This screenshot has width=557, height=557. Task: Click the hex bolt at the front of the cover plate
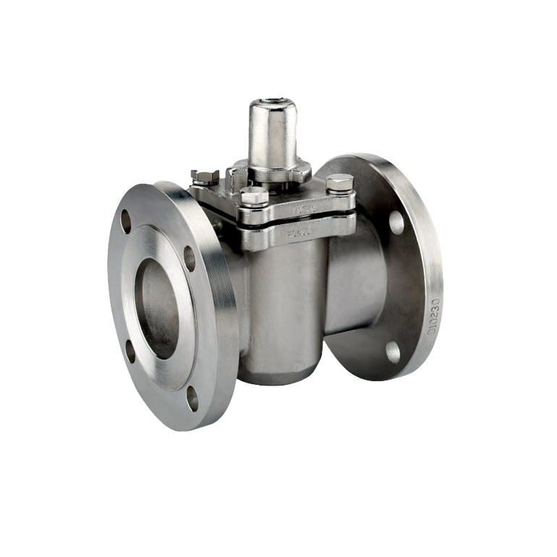[x=254, y=197]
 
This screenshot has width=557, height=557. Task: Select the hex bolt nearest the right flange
[x=339, y=183]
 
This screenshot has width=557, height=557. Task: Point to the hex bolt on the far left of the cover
[x=205, y=177]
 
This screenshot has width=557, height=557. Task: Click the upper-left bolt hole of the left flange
[x=126, y=221]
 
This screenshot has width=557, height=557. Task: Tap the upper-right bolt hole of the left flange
[x=190, y=258]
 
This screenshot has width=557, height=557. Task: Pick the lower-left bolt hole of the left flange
[x=130, y=351]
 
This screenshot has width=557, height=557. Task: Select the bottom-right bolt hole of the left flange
[x=192, y=398]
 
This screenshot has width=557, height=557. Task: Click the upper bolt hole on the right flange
[x=396, y=222]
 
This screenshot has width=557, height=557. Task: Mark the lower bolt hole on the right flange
[x=393, y=352]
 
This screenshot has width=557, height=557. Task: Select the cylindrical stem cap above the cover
[x=273, y=134]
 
